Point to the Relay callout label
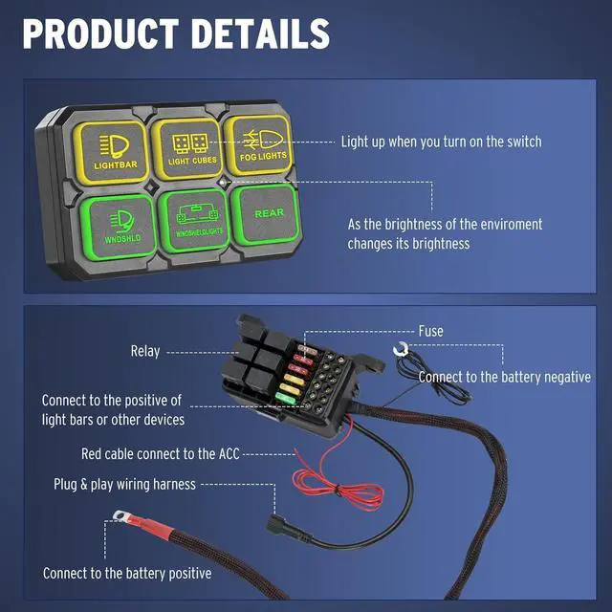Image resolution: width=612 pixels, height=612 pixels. point(145,352)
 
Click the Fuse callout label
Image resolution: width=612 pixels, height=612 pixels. point(430,331)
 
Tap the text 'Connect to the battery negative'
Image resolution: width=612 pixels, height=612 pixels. point(504,377)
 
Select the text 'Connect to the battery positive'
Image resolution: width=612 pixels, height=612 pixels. point(127,574)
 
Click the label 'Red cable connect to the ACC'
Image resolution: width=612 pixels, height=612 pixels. point(162,453)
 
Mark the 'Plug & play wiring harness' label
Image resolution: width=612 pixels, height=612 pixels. point(124,484)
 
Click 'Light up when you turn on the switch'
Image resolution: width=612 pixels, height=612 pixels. point(441,142)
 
